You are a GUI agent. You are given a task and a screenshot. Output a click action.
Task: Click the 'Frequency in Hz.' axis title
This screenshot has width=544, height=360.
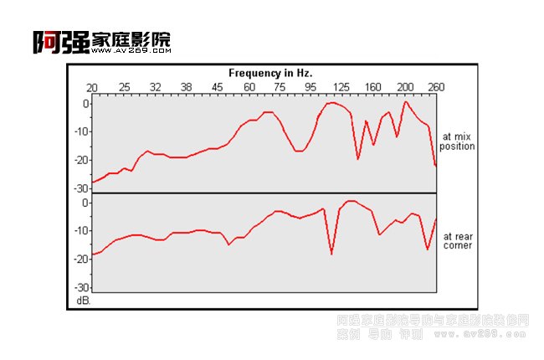coord(264,73)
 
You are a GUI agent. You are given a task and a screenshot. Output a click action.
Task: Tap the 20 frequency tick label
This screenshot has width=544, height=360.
coord(92,87)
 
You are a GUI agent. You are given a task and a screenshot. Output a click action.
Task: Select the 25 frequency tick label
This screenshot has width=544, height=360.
coord(124,87)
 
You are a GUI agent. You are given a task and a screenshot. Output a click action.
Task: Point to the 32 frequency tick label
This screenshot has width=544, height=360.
coord(155,87)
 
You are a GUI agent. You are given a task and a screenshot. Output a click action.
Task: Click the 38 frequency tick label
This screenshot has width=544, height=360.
coord(186,87)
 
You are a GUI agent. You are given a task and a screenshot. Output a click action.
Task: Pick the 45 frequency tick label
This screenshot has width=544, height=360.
coord(217,87)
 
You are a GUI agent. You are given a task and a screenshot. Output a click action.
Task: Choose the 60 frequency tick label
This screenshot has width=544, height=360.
coord(249,87)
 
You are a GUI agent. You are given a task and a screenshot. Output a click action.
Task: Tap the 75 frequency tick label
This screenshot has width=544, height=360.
coord(280,87)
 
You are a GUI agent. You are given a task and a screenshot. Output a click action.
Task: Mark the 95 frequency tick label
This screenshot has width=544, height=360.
coord(310,87)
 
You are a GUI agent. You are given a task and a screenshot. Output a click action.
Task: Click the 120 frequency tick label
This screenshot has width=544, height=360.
coord(341,87)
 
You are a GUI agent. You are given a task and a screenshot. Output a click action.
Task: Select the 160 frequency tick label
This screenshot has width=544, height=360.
coord(373,87)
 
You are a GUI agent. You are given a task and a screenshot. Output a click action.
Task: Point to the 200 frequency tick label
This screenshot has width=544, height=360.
coord(405,87)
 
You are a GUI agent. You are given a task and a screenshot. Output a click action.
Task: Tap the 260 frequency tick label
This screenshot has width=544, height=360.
coord(436,87)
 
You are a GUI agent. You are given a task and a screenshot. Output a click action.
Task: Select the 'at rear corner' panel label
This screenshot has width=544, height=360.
coord(457,241)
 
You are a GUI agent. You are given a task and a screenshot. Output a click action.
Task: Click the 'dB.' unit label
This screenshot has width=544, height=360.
coord(82,299)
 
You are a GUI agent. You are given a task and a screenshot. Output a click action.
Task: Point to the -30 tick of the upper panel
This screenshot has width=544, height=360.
coord(80,188)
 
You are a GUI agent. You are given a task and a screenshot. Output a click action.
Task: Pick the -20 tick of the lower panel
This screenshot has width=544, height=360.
coord(80,260)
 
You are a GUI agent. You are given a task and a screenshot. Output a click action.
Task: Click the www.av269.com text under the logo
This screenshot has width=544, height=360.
coord(130,50)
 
